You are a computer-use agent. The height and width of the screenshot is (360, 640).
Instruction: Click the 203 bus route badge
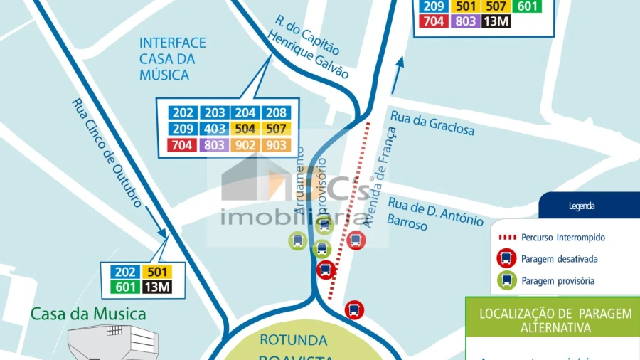pos(214,113)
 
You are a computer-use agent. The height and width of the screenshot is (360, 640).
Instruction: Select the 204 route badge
pos(245,113)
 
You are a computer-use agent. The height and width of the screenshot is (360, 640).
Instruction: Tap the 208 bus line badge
pos(276,113)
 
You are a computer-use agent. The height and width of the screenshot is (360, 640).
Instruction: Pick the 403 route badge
pos(214,129)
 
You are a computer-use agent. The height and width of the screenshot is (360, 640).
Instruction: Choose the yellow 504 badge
pos(245,129)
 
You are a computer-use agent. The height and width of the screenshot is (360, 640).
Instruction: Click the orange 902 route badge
pos(245,145)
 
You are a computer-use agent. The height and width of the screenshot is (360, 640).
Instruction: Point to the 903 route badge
pos(276,145)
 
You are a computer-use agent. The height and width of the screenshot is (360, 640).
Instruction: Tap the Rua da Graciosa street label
pos(432,122)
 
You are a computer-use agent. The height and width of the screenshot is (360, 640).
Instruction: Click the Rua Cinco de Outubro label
pos(107,152)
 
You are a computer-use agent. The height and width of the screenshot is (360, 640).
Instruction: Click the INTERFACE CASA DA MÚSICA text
pos(173,59)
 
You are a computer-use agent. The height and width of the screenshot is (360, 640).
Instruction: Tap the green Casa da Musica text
pos(88,314)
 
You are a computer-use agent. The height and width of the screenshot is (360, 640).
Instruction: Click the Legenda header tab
pos(582,206)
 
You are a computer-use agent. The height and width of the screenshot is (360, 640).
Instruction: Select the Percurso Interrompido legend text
pos(562,238)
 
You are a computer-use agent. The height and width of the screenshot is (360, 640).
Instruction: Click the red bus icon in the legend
pos(507,259)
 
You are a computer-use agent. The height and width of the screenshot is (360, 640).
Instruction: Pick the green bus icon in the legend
pos(507,280)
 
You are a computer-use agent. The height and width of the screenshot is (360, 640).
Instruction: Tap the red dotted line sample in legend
pos(507,238)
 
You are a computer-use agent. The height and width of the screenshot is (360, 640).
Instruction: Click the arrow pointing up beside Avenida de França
pos(398,73)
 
